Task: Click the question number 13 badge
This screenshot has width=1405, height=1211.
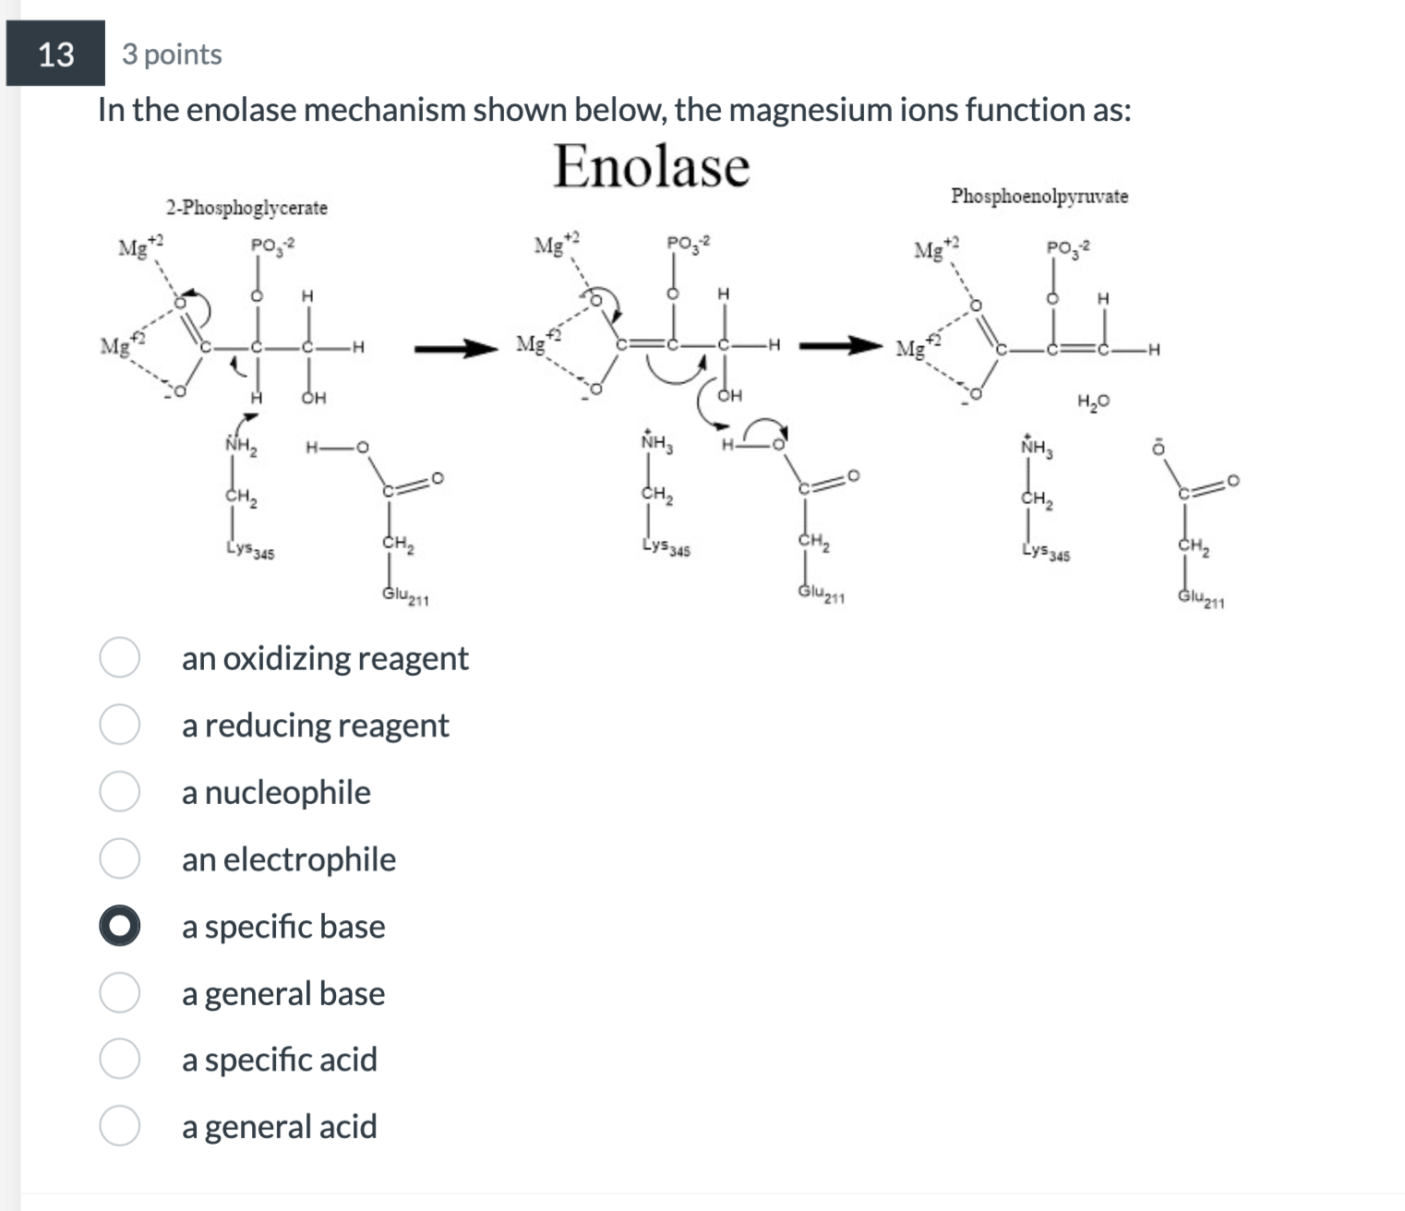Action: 55,54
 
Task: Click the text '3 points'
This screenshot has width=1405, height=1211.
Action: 172,54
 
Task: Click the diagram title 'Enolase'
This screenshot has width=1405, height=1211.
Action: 651,167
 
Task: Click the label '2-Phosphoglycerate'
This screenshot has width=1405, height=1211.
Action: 246,208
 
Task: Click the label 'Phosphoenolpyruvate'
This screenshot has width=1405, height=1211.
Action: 1039,197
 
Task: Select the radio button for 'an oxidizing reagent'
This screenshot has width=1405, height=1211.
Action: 120,657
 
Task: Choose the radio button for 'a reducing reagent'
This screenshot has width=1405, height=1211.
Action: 120,725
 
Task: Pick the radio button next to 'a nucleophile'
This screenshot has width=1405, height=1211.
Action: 120,792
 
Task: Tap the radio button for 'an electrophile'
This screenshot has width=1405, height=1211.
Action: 120,858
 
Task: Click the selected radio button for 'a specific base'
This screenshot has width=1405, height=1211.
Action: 120,926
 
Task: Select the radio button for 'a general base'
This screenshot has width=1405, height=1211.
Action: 120,993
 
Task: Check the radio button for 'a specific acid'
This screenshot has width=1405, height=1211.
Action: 120,1059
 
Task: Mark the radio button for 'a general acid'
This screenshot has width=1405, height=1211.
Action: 120,1126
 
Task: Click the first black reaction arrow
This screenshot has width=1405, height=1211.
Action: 456,349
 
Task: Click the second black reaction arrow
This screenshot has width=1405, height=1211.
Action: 841,347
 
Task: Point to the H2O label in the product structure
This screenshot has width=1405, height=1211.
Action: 1093,402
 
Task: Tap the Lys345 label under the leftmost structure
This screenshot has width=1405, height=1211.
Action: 249,551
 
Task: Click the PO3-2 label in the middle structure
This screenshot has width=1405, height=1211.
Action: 689,244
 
